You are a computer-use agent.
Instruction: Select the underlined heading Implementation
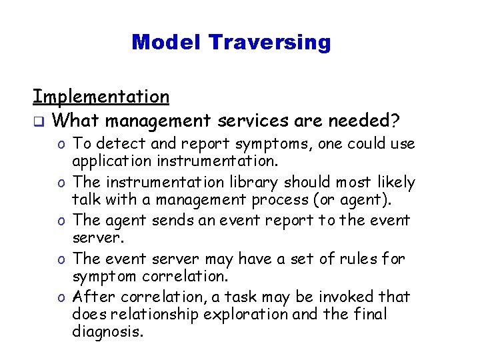tap(101, 97)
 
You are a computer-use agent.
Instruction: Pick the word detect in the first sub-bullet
tap(121, 143)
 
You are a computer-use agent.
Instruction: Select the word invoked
tap(358, 296)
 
